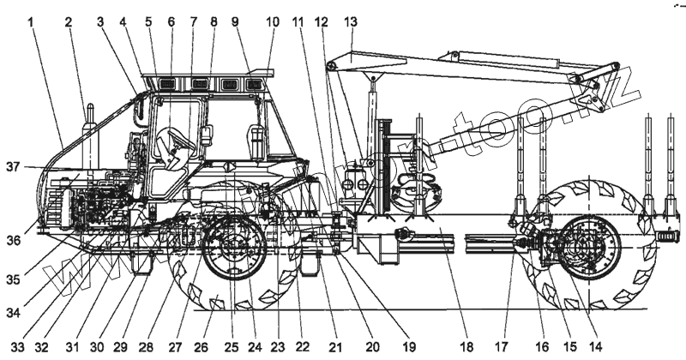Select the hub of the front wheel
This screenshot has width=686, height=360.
pyautogui.click(x=233, y=249)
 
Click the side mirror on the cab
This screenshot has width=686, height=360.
pyautogui.click(x=208, y=135)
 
